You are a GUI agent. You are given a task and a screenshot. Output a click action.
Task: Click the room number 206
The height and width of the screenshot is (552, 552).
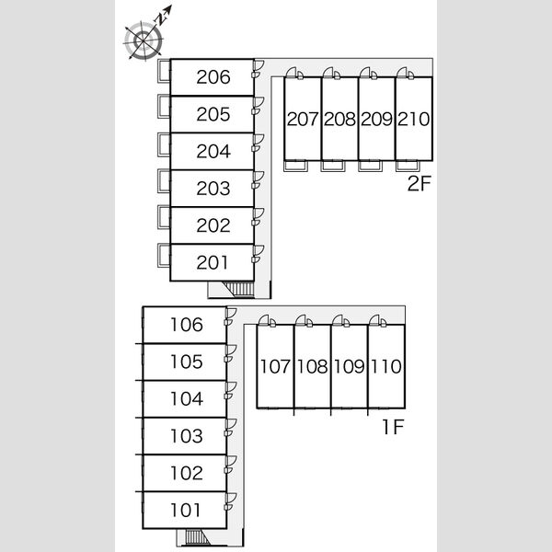pyautogui.click(x=213, y=77)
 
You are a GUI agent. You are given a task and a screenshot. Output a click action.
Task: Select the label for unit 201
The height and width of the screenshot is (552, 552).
pyautogui.click(x=213, y=262)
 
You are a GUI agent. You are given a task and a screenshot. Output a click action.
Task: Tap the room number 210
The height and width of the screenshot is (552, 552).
pyautogui.click(x=414, y=119)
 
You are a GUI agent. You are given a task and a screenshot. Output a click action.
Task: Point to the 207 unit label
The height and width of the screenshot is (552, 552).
pyautogui.click(x=303, y=119)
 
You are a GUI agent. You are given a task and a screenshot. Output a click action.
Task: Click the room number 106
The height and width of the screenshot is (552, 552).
pyautogui.click(x=187, y=325)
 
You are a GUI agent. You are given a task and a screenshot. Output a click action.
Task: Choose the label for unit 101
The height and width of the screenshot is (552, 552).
pyautogui.click(x=186, y=510)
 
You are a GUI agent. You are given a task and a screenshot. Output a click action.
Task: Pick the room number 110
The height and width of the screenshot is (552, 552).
pyautogui.click(x=386, y=366)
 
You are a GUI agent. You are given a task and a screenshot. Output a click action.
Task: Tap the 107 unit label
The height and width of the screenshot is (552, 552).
pyautogui.click(x=275, y=366)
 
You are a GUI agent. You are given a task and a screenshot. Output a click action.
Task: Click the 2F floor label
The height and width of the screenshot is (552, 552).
pyautogui.click(x=419, y=183)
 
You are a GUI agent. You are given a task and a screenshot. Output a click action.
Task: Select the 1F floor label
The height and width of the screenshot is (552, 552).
pyautogui.click(x=393, y=427)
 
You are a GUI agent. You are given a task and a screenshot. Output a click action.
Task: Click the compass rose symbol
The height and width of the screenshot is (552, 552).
pyautogui.click(x=144, y=40)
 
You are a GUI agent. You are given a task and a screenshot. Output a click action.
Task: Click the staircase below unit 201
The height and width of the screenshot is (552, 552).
pyautogui.click(x=239, y=290)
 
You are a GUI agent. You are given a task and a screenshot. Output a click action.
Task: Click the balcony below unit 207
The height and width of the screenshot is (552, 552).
pyautogui.click(x=295, y=166)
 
